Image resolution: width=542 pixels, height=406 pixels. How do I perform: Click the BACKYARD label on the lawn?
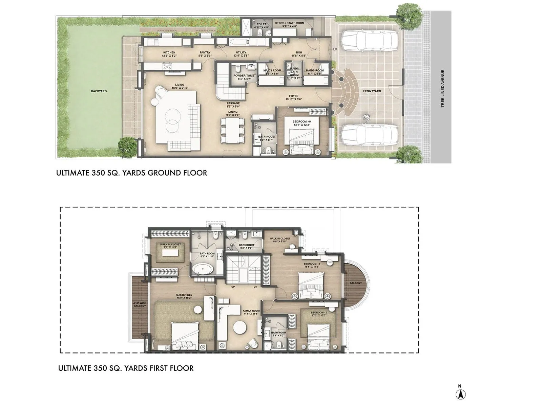tap(99, 91)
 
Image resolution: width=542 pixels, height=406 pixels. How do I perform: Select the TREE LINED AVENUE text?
tap(442, 89)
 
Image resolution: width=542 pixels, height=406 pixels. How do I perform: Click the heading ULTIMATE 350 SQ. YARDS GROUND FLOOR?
tap(131, 173)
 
